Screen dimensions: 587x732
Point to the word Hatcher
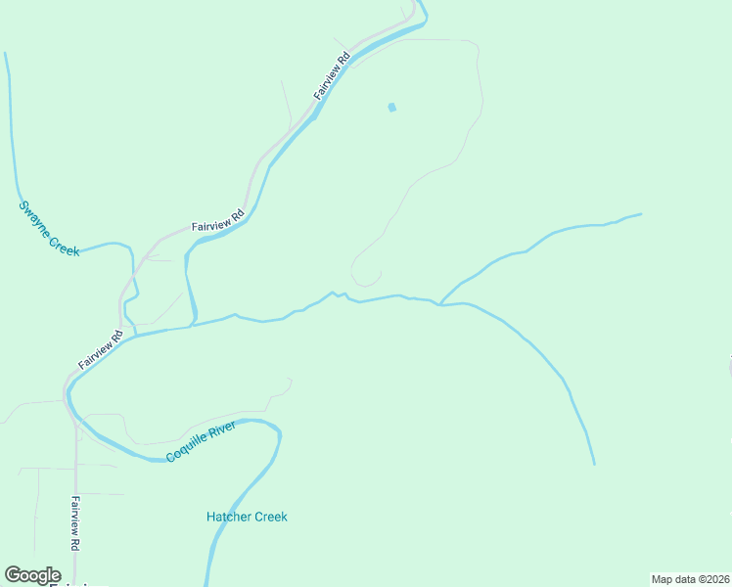click(229, 517)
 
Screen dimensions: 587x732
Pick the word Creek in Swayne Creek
click(64, 245)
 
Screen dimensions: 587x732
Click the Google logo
click(32, 575)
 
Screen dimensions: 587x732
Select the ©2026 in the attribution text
click(711, 578)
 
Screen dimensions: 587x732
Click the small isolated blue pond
click(392, 108)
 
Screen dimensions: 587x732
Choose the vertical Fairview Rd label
click(74, 523)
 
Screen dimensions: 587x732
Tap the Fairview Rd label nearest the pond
click(333, 75)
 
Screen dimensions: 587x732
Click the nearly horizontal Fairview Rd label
click(217, 221)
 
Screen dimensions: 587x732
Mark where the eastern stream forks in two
click(439, 303)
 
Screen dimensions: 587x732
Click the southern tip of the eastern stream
click(594, 463)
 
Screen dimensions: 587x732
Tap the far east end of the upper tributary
click(641, 214)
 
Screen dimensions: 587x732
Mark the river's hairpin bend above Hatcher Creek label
click(276, 429)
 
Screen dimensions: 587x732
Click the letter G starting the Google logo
click(13, 575)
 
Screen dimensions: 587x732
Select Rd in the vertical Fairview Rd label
click(74, 542)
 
